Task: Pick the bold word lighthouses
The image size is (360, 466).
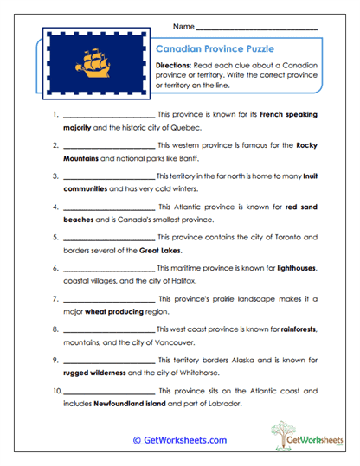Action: coord(296,269)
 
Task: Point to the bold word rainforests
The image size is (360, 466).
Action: coord(294,330)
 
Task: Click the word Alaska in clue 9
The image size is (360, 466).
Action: coord(247,361)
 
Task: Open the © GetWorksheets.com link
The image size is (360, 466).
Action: coord(179,440)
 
